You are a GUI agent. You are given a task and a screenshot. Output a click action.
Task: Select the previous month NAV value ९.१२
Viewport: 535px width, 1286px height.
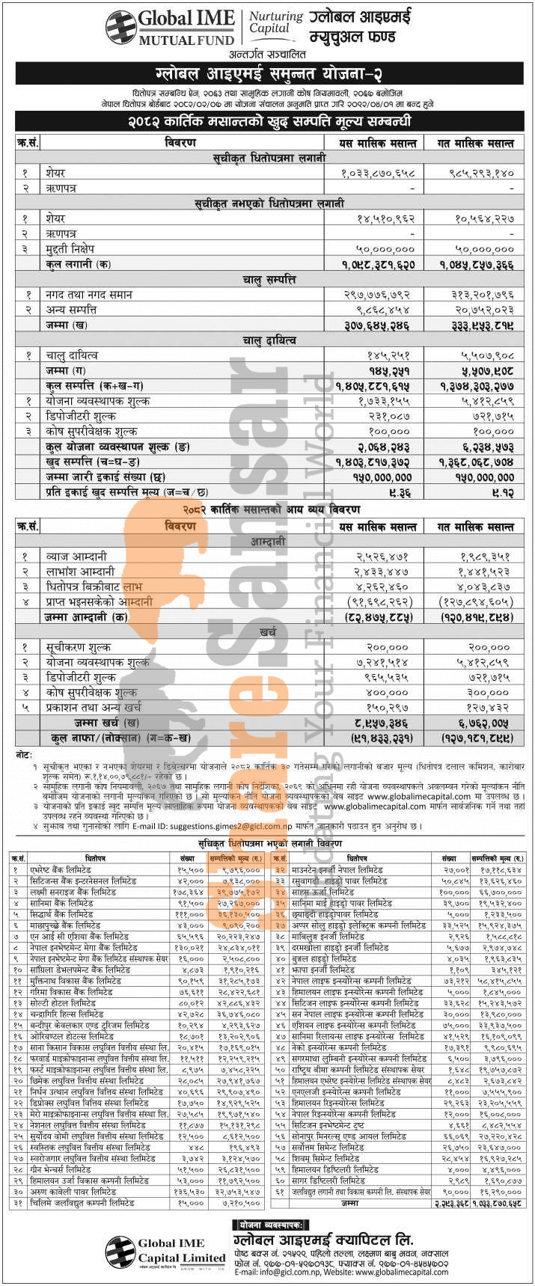pyautogui.click(x=502, y=492)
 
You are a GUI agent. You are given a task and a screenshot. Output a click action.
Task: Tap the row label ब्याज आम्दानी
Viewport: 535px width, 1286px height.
pyautogui.click(x=76, y=556)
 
